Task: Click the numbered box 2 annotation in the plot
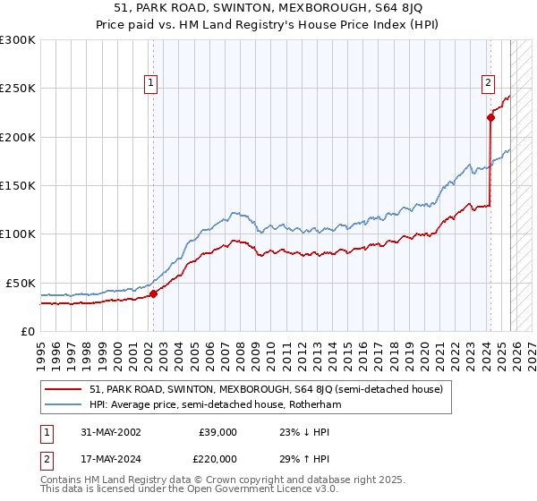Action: pyautogui.click(x=489, y=84)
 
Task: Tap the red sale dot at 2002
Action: pyautogui.click(x=153, y=293)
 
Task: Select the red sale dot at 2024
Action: pyautogui.click(x=490, y=117)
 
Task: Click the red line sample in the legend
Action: pyautogui.click(x=63, y=389)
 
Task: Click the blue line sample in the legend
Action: pyautogui.click(x=63, y=404)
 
